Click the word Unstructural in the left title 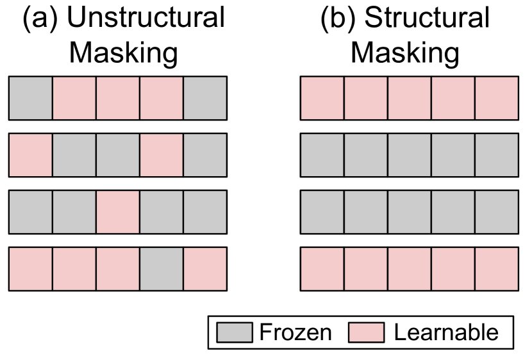[x=145, y=19]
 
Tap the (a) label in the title [x=40, y=19]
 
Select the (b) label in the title [x=338, y=19]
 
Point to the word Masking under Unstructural [x=123, y=53]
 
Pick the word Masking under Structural [x=405, y=53]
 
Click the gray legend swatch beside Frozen [x=235, y=332]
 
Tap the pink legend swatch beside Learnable [x=366, y=332]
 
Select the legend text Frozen [x=295, y=332]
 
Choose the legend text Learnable [x=446, y=332]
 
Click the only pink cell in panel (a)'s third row [x=118, y=212]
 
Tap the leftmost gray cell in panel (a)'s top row [x=30, y=98]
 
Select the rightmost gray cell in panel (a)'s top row [x=205, y=98]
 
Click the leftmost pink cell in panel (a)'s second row [x=30, y=155]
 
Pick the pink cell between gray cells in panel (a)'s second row [x=162, y=155]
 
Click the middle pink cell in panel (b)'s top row [x=409, y=98]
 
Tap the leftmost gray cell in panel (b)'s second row [x=322, y=155]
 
